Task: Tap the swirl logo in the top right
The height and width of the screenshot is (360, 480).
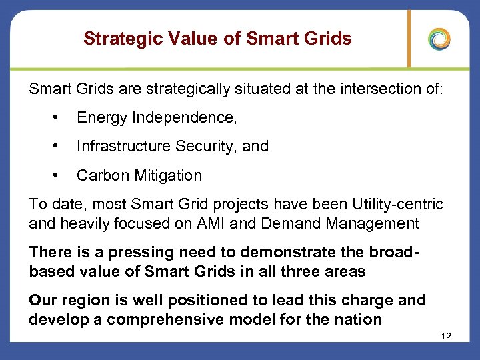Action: [x=439, y=39]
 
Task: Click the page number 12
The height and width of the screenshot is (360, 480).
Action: [x=446, y=336]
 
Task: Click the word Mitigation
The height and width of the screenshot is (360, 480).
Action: [x=167, y=176]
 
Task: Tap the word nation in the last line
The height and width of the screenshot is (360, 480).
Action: [x=359, y=319]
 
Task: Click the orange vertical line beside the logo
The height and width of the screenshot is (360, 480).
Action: [x=409, y=39]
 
